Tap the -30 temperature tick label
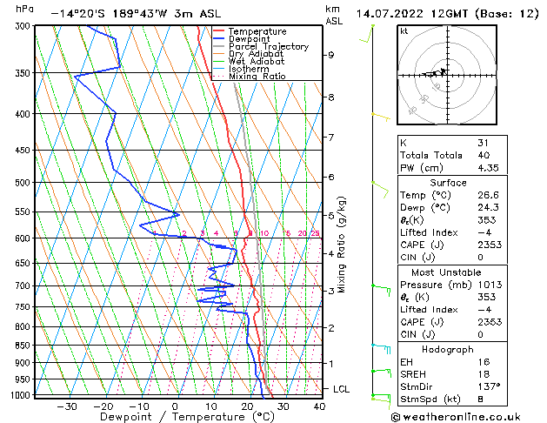(x=66, y=406)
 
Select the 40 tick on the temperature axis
(x=319, y=406)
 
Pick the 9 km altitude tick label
(x=331, y=55)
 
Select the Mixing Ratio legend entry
(x=257, y=77)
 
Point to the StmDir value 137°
(x=489, y=386)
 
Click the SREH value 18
(x=484, y=373)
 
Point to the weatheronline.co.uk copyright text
(x=460, y=414)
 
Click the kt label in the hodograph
(x=404, y=31)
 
